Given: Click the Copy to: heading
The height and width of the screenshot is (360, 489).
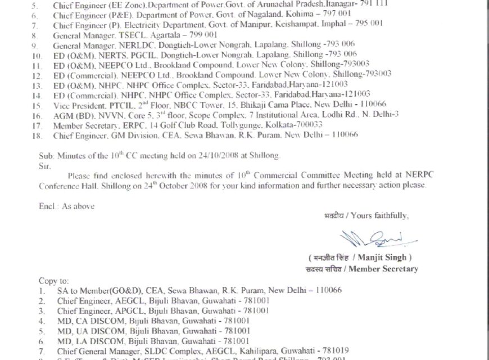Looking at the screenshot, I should pos(54,280).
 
